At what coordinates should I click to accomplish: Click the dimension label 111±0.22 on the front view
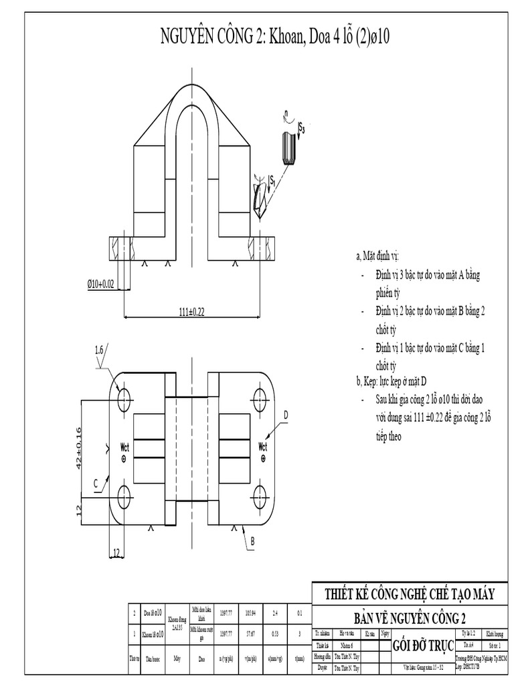pos(192,311)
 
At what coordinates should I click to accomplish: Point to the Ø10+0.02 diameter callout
pos(101,284)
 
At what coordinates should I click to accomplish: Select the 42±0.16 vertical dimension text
pos(78,448)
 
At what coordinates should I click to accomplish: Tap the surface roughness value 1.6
pos(99,350)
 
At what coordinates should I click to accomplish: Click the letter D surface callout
pos(285,415)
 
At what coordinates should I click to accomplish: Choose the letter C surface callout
pos(96,482)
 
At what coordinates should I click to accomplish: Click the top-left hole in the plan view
pos(124,400)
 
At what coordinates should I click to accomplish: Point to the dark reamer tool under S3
pos(288,149)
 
